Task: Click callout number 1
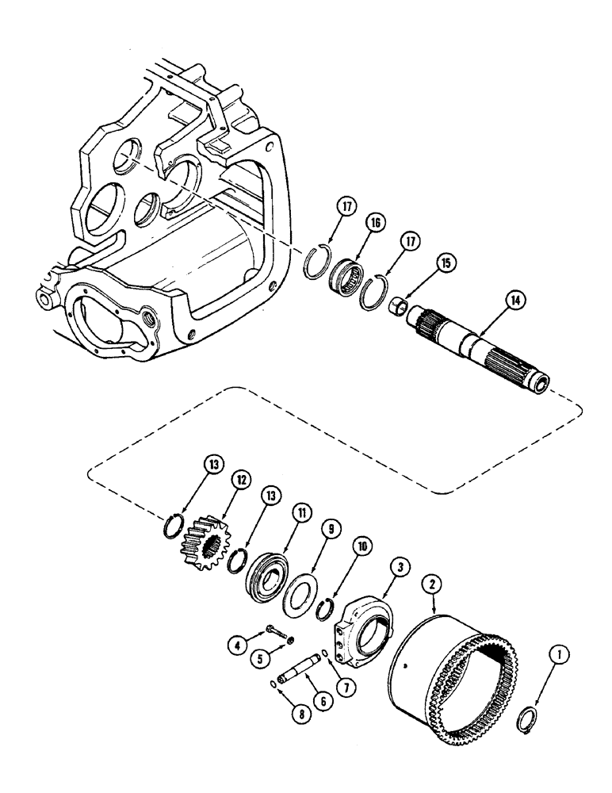click(560, 655)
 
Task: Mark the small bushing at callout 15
click(399, 305)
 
